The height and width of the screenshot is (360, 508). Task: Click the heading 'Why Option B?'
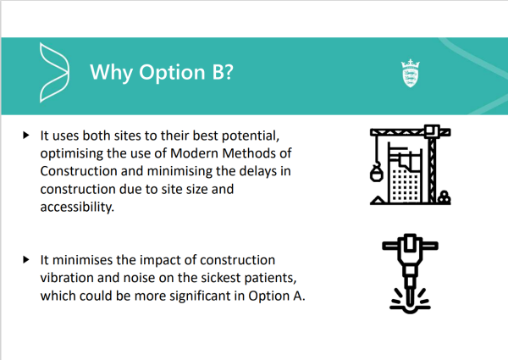(x=162, y=72)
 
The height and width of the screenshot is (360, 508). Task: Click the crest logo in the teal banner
(x=411, y=73)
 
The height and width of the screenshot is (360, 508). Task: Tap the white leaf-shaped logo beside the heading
(x=54, y=73)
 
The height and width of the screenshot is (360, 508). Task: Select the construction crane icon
(x=410, y=164)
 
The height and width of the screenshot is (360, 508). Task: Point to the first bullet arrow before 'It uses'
(x=26, y=136)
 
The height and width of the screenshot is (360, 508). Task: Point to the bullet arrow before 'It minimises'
(x=26, y=259)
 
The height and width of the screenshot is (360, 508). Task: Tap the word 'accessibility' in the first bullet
(x=76, y=207)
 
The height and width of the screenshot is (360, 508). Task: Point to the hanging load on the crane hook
(x=376, y=174)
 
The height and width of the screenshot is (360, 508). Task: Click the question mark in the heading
(x=228, y=72)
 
